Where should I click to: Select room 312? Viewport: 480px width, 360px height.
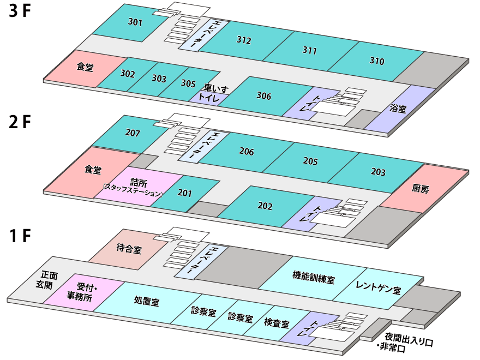coord(244,40)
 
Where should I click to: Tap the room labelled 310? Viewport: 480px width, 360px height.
coord(376,61)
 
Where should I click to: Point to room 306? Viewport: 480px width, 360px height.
coord(263,96)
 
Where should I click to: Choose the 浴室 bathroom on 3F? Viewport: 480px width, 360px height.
coord(398,109)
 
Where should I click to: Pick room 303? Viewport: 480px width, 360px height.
coord(159,79)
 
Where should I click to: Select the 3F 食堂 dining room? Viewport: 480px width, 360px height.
coord(85,68)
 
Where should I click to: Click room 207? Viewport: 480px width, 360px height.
coord(133,133)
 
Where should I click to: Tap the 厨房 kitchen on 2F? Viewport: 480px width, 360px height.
coord(421,189)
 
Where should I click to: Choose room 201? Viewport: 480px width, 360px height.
coord(185,193)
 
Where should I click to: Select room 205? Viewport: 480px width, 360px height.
coord(310,161)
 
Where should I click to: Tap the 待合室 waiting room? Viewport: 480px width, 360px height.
coord(129,249)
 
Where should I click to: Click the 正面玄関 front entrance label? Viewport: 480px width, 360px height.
coord(49,280)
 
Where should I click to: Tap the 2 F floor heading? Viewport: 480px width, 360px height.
coord(21,122)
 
